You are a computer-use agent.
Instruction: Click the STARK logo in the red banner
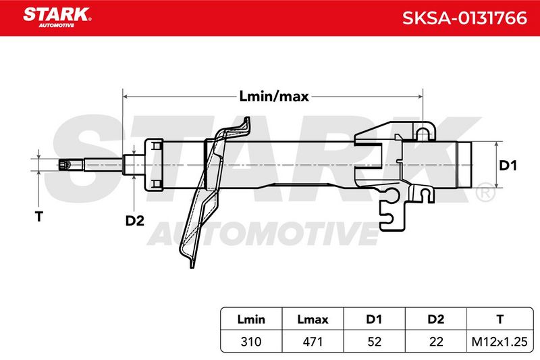(x=57, y=18)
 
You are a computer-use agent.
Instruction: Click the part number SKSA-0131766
(x=464, y=18)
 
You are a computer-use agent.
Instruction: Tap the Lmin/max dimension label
(x=274, y=97)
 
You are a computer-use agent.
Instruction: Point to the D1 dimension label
(x=508, y=165)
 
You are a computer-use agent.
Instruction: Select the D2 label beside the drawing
(x=134, y=220)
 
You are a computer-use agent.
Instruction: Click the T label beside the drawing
(x=39, y=217)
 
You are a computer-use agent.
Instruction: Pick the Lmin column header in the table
(x=251, y=319)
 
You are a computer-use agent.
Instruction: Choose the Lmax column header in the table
(x=313, y=319)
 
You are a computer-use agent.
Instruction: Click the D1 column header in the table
(x=374, y=319)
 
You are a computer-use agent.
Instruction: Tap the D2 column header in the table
(x=435, y=319)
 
